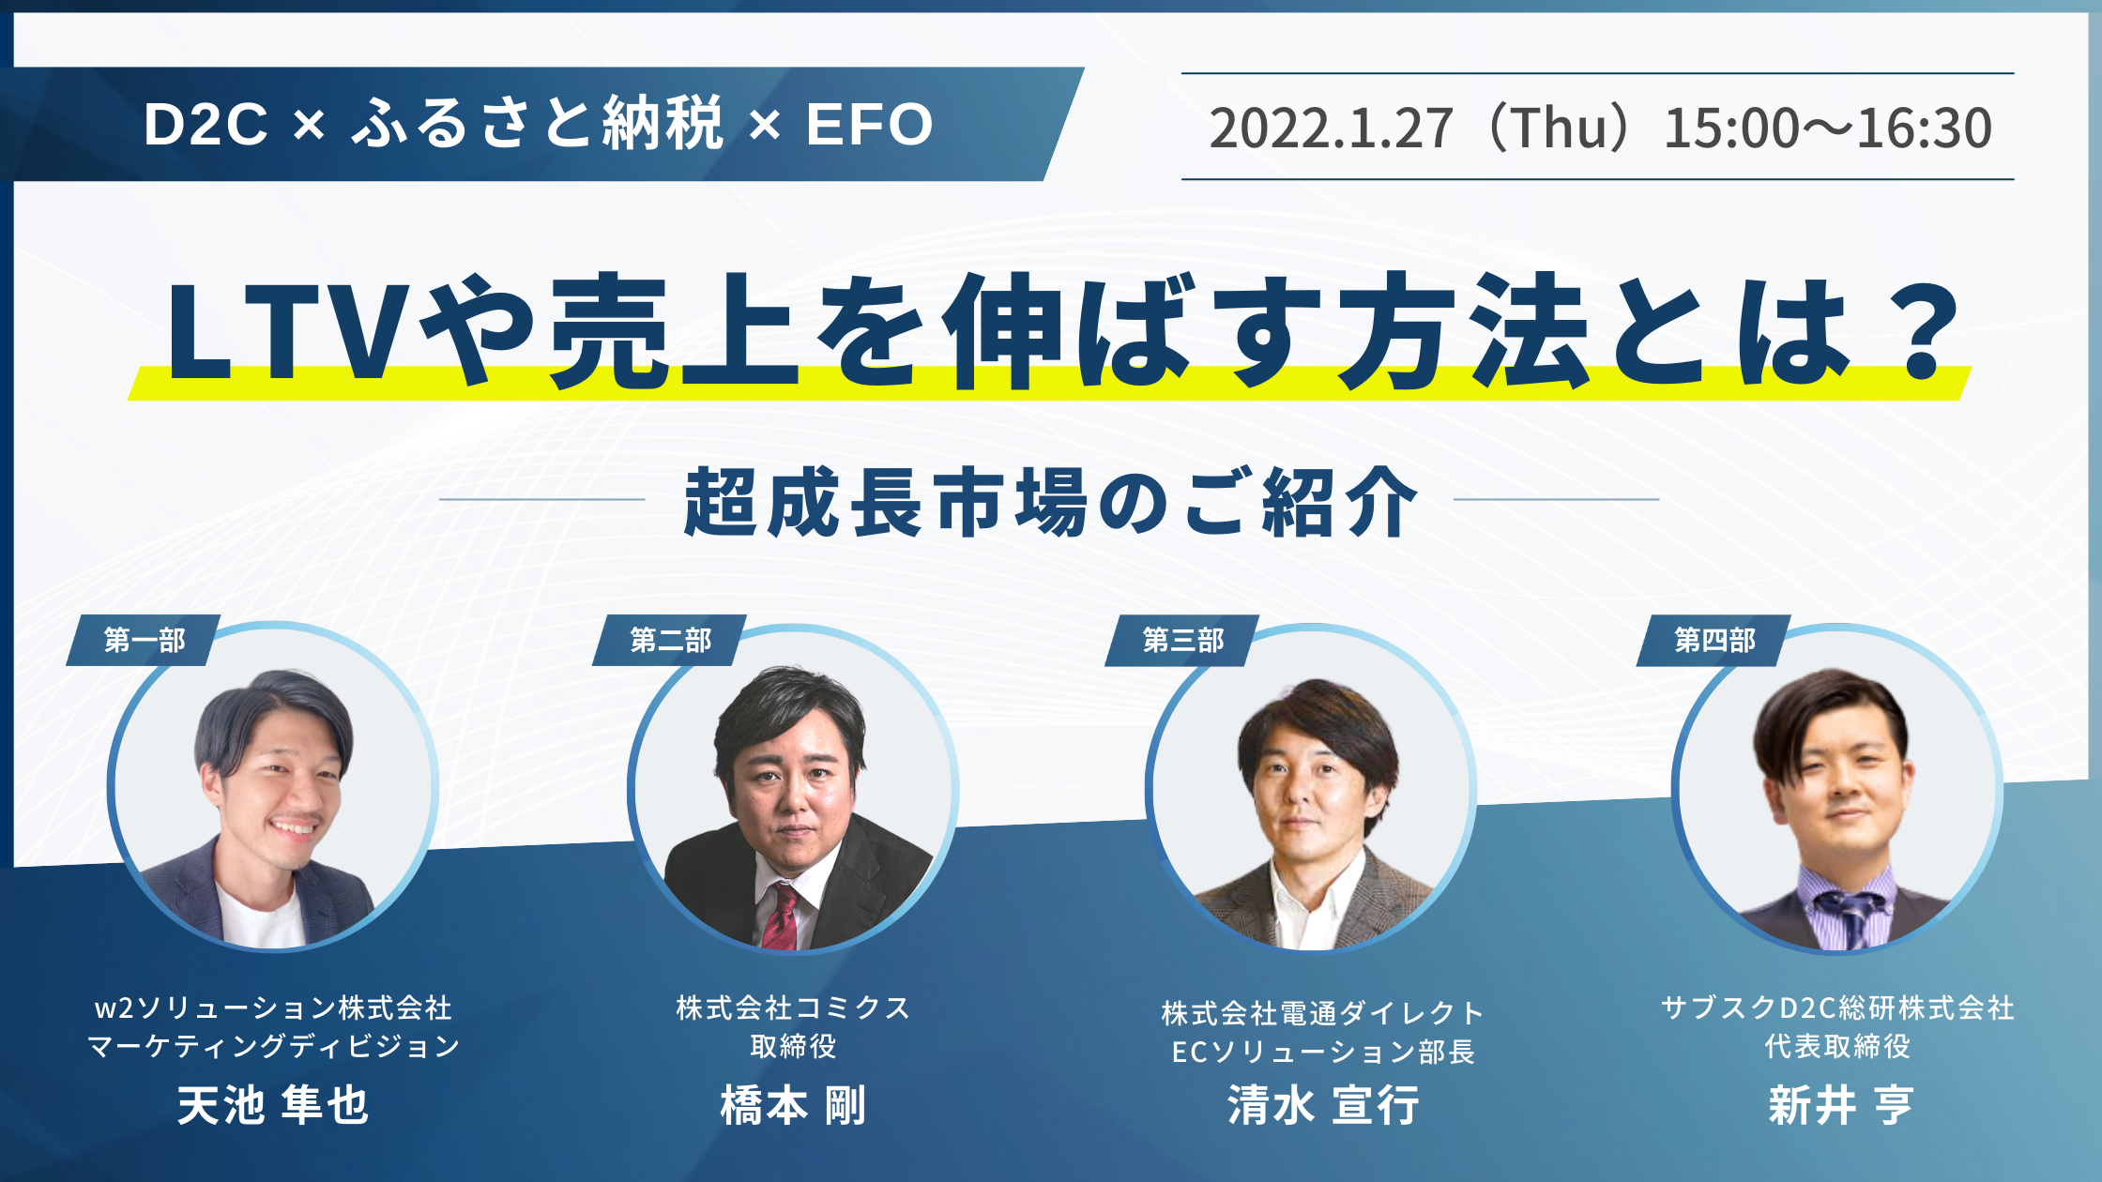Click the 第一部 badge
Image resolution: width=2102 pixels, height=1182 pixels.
144,640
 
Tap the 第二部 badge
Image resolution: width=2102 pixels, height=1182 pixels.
670,640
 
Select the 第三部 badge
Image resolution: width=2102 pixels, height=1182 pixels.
1182,641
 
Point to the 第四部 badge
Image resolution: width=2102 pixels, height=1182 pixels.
1714,641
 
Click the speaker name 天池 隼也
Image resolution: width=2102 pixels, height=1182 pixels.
273,1105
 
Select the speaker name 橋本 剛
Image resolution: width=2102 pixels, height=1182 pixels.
793,1105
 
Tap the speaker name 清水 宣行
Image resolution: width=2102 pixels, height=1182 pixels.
1323,1105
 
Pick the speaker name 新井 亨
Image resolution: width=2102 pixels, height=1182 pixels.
1840,1105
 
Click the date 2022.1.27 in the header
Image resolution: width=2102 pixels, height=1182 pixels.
1331,128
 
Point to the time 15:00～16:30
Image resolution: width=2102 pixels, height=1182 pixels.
1828,128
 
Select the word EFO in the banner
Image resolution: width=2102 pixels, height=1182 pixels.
869,124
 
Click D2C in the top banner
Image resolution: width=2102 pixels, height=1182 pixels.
206,124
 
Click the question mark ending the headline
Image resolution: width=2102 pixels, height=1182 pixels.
1922,331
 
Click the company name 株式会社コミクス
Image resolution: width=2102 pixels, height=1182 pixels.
793,1008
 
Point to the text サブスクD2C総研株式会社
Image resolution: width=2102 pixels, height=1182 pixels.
1837,1008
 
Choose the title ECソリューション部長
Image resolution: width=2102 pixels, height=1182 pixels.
1323,1052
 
